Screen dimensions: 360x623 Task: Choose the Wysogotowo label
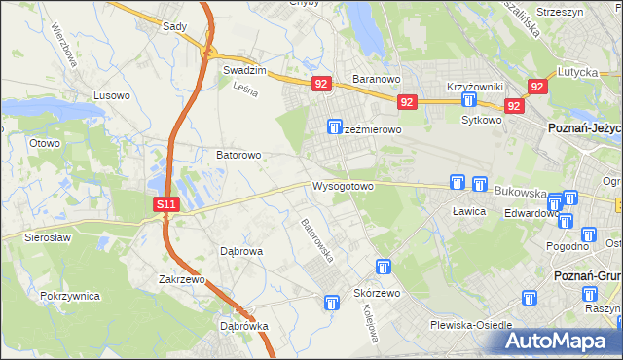click(x=343, y=186)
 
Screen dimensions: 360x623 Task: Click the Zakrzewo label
click(x=185, y=279)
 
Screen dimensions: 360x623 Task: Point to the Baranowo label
click(x=377, y=80)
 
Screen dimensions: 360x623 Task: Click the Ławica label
click(x=468, y=210)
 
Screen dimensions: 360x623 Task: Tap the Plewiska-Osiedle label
click(x=471, y=325)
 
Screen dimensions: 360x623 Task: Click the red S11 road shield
click(x=166, y=204)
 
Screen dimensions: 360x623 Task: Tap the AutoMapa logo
click(x=556, y=341)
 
